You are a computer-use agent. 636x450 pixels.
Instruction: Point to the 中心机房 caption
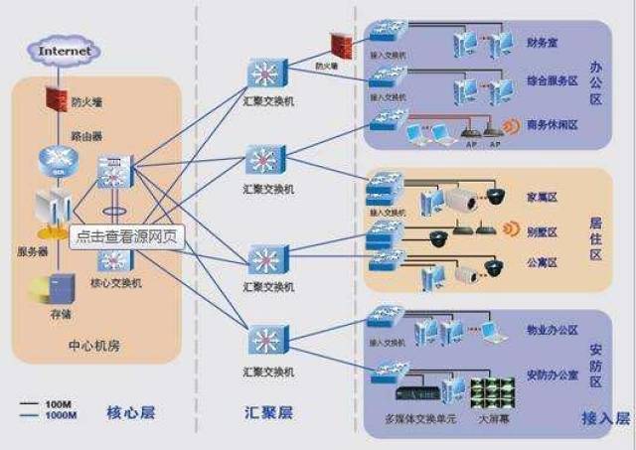point(95,347)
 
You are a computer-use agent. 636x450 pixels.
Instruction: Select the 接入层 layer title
point(605,419)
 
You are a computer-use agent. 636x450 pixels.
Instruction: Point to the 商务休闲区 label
point(552,125)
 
